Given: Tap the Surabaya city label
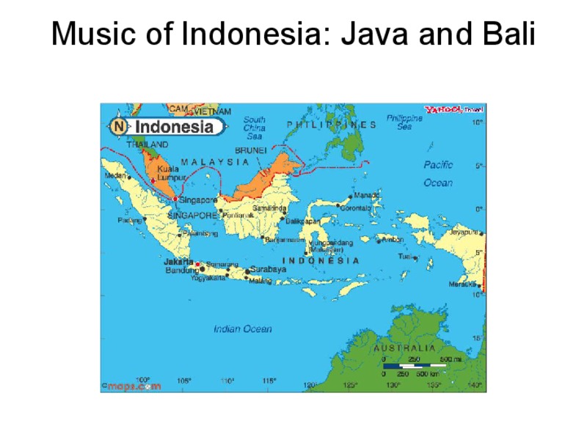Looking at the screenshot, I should [269, 269].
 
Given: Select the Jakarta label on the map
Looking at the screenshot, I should [178, 261].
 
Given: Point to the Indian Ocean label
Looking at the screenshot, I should [243, 329].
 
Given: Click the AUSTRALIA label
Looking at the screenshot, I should [404, 348].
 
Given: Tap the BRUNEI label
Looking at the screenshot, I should [250, 150].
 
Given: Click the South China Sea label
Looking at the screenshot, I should [254, 128].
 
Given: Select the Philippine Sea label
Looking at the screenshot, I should [404, 122].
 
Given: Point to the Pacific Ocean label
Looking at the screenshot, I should [438, 174].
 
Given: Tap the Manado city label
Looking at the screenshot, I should [367, 196].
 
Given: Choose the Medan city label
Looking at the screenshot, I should [114, 176].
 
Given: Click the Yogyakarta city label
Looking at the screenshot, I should [208, 279].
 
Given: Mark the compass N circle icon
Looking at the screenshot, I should [118, 127].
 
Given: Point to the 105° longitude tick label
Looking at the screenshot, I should [184, 381].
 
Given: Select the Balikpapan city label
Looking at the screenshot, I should [303, 221].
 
